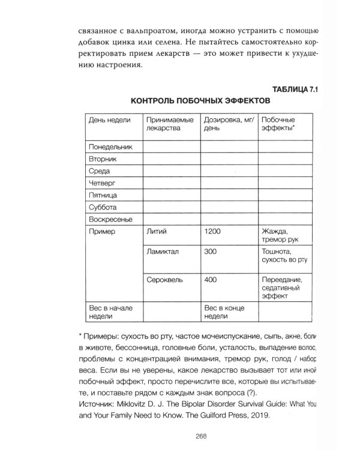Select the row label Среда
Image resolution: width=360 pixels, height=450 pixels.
(x=100, y=170)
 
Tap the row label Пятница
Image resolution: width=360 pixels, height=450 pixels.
(x=103, y=195)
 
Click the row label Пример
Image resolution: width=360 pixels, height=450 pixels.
(x=101, y=231)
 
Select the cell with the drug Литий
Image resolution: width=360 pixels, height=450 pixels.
(x=155, y=231)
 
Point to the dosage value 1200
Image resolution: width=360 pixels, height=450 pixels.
(x=213, y=231)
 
